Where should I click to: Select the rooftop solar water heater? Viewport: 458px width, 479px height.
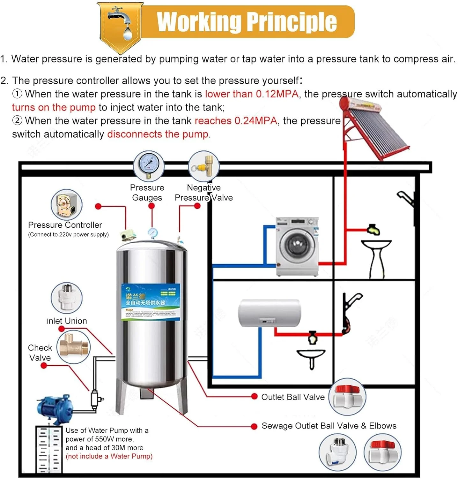tap(375, 128)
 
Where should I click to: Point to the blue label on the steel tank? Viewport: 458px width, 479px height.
tap(151, 302)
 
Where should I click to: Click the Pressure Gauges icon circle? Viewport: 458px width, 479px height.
tap(148, 166)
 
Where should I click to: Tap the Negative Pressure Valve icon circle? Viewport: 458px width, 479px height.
tap(204, 166)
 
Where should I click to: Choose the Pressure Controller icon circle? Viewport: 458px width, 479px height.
tap(67, 205)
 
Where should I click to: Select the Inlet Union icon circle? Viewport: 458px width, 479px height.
tap(67, 298)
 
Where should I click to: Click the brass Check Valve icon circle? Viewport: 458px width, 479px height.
tap(74, 347)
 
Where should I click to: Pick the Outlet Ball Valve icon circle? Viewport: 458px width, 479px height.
tap(347, 397)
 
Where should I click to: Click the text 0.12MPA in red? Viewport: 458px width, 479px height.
tap(277, 94)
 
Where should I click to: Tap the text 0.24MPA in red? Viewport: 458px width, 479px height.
tap(256, 121)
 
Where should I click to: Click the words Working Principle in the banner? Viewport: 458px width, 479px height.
tap(247, 22)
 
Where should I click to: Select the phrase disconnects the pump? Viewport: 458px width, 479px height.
tap(158, 134)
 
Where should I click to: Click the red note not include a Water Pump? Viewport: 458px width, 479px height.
tap(109, 456)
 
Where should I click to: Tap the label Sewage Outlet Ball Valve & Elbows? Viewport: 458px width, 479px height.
tap(329, 426)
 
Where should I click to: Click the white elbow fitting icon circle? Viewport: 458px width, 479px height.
tap(337, 452)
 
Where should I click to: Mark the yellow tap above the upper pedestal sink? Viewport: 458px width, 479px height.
tap(373, 229)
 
